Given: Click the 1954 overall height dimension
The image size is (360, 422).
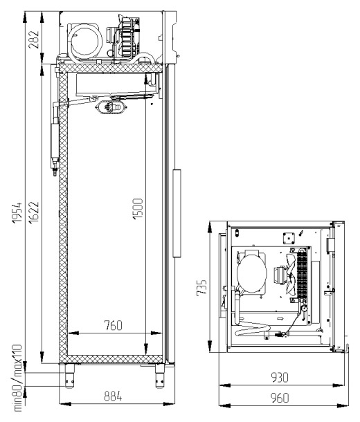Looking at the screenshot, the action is (x=17, y=212).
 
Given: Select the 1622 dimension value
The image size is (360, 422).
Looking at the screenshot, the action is (x=35, y=212).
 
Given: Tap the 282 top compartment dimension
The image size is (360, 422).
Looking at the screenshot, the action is (x=35, y=39).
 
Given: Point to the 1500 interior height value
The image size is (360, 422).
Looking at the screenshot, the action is (x=138, y=208).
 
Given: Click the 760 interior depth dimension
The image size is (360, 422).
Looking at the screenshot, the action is (x=113, y=325).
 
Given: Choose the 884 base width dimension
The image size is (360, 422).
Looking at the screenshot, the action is (x=113, y=396).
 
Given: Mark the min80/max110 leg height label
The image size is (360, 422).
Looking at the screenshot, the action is (x=17, y=378).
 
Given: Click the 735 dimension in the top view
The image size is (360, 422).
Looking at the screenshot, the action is (x=201, y=288).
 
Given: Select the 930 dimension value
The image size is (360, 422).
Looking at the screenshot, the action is (x=280, y=377).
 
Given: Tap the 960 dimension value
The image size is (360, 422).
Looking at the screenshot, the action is (x=280, y=398).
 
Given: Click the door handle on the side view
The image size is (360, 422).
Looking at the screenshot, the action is (x=177, y=213).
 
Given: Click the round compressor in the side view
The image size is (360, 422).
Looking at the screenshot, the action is (x=85, y=42).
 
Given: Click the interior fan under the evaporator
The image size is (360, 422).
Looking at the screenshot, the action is (x=111, y=107).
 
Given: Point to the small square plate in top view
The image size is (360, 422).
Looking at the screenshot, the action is (x=289, y=238).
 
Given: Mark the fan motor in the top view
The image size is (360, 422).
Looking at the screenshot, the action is (x=280, y=275).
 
